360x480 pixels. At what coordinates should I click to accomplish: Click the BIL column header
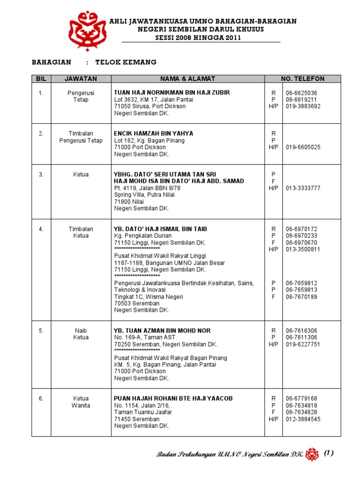point(41,79)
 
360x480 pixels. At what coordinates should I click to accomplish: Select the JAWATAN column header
point(81,79)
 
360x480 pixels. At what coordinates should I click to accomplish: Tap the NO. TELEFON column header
point(302,79)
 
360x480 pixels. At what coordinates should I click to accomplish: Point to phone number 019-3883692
point(303,106)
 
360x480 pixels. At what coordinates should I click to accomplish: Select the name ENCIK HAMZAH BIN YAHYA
point(154,134)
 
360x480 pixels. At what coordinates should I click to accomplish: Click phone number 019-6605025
point(303,147)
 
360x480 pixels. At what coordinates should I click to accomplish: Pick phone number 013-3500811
point(303,249)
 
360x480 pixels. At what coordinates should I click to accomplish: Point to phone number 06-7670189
point(302,297)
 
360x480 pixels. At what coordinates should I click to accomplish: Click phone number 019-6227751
point(303,344)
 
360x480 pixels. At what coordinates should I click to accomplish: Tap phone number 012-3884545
point(303,419)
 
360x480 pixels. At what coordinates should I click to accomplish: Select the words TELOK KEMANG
point(126,62)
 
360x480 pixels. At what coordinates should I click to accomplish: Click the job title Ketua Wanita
point(81,402)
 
